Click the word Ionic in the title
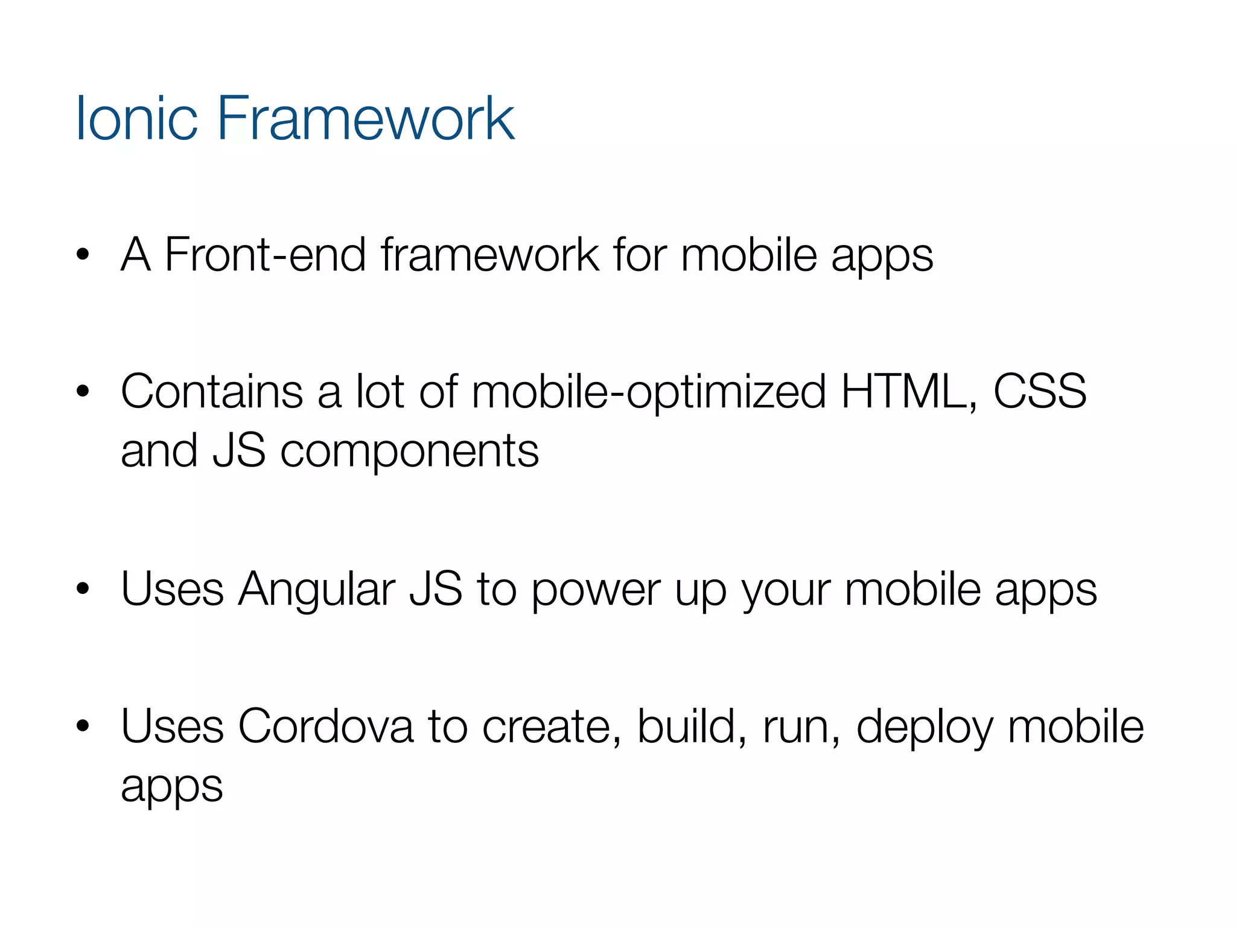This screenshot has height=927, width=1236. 136,119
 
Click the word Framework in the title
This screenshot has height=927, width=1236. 365,119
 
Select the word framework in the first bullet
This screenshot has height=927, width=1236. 489,255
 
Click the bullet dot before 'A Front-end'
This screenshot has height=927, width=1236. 83,255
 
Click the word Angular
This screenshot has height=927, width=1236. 316,590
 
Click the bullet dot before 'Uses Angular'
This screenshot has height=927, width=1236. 83,589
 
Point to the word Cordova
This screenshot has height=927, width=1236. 325,727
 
